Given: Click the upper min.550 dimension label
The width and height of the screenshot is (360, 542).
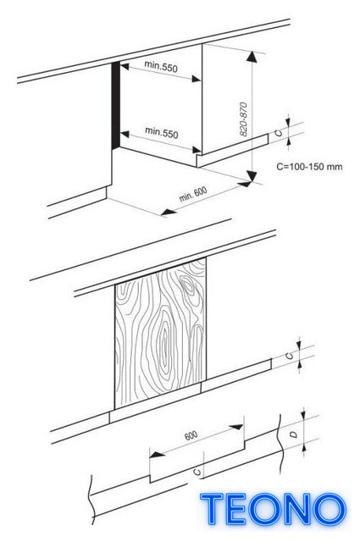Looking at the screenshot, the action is coord(161,66).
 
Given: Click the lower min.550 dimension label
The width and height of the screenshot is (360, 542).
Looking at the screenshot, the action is coord(162,132).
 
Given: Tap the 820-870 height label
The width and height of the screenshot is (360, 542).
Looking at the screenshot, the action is coord(243,119).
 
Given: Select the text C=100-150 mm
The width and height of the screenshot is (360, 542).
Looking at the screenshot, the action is coord(309,167).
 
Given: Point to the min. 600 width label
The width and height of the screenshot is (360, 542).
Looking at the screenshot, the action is coord(193,194).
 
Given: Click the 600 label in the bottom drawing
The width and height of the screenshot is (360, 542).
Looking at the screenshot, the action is coord(191,435).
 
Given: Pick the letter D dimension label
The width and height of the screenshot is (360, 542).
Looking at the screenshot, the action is coord(294,434).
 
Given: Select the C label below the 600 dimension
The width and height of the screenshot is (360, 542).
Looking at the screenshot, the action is coord(197,472).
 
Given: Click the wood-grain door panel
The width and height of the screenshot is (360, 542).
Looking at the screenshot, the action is coord(160,334).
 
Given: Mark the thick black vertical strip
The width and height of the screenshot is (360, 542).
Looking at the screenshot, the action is coord(115,105).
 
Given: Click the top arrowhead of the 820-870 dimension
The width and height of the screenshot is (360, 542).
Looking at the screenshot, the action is coord(252,57).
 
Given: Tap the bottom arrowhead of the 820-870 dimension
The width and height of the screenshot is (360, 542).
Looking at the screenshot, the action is coord(252,176).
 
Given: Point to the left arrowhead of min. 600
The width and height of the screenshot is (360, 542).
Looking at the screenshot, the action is coord(169,212).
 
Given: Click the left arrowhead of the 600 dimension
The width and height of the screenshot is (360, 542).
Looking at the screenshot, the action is coord(157,455).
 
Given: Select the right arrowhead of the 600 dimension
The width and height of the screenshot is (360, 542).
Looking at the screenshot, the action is coord(236,427).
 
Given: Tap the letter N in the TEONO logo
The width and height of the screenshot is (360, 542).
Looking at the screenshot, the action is coord(295,509).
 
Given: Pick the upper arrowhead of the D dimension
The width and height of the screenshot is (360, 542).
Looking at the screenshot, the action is coord(303,413).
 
